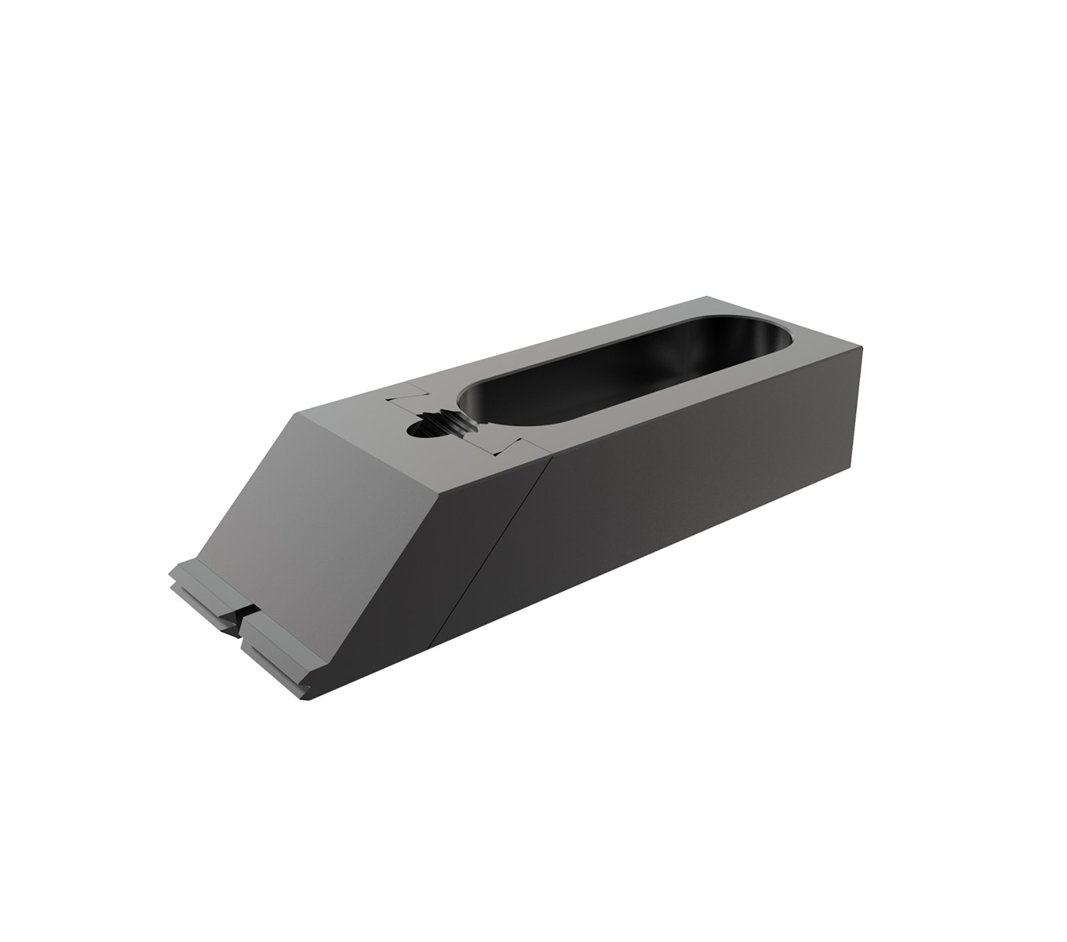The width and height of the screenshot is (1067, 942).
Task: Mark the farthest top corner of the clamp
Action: click(708, 297)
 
